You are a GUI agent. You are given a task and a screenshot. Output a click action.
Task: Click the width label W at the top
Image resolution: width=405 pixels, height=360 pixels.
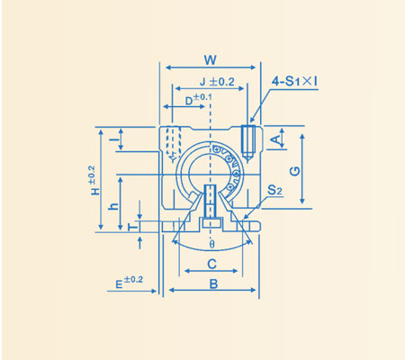(x=209, y=61)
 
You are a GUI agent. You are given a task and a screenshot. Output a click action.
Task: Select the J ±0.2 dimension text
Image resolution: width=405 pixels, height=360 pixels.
(x=214, y=82)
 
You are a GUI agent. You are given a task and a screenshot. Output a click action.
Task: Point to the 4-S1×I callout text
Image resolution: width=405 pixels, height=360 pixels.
(x=296, y=82)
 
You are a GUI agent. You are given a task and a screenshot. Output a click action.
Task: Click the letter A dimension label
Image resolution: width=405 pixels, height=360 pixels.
(x=276, y=139)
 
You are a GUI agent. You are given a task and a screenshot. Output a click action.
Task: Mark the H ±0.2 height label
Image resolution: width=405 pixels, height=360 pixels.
(x=91, y=181)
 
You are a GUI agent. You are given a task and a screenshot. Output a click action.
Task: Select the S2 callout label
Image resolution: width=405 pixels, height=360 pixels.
(x=275, y=192)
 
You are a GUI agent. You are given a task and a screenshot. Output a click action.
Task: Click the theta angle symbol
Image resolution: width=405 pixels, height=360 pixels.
(x=211, y=244)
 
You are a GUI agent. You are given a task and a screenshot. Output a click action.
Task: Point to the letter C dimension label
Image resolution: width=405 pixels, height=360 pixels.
(x=211, y=265)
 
